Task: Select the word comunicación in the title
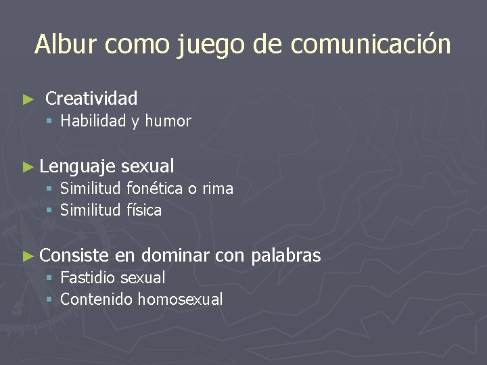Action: click(371, 45)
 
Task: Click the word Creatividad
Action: click(91, 99)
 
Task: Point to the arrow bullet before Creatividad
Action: click(28, 99)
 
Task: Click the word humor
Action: click(168, 122)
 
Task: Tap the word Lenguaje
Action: click(78, 166)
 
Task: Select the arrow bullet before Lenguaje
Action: click(28, 166)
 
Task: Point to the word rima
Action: click(218, 189)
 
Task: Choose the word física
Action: click(144, 210)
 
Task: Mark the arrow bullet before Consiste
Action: click(28, 255)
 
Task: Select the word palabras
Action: click(285, 255)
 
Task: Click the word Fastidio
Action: click(88, 278)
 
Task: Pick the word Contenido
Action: click(96, 299)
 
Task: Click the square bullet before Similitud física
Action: click(49, 211)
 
